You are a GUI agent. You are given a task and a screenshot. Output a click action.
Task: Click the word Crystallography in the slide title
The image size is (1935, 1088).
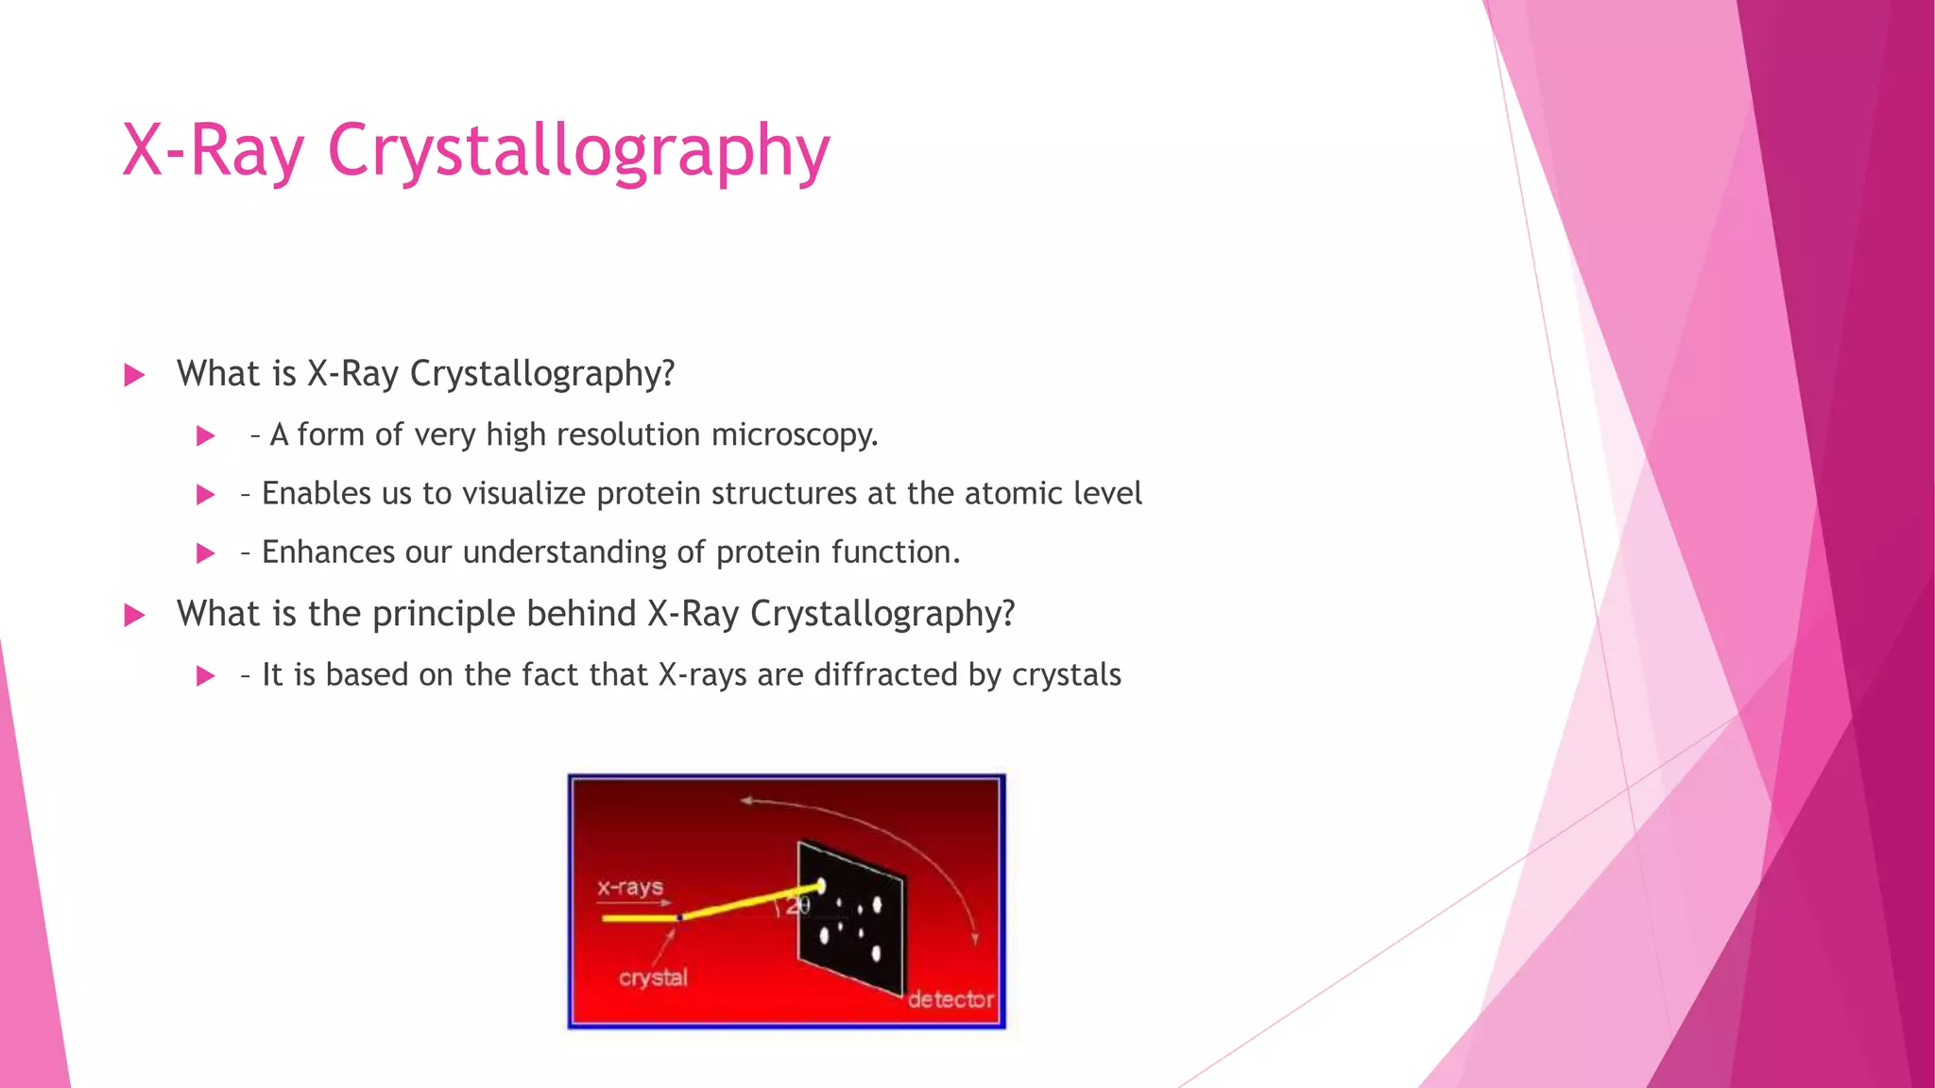coord(578,151)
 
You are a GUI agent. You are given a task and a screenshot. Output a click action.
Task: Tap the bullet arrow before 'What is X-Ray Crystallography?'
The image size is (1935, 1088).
coord(134,376)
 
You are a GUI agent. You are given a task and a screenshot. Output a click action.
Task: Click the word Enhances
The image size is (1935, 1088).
coord(328,552)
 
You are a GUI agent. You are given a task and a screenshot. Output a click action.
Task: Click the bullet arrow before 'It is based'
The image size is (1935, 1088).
coord(205,676)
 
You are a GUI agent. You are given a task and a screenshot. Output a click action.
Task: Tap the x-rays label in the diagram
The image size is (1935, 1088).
coord(630,887)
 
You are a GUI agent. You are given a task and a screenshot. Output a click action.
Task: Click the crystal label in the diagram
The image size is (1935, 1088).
coord(653,977)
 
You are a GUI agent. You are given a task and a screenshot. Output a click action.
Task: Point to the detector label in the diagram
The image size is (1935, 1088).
coord(950,999)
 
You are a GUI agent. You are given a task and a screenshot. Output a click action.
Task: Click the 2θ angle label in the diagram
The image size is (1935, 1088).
coord(797,907)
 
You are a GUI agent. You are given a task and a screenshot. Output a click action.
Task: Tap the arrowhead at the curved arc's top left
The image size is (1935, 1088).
coord(746,801)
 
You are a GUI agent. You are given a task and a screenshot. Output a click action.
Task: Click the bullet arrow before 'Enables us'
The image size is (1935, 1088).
coord(205,495)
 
